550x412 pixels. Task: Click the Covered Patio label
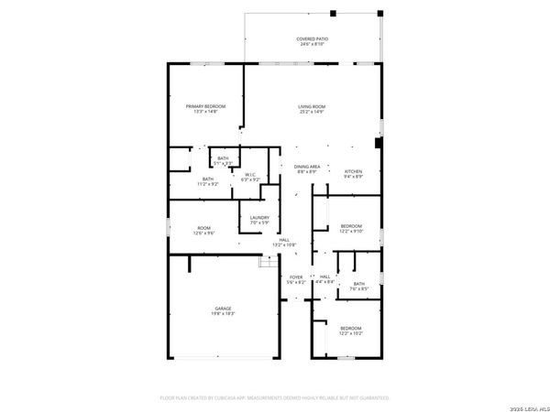312,39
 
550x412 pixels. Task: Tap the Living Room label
312,107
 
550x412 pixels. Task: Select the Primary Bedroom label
202,107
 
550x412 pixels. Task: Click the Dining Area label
306,167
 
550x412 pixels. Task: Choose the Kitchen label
353,172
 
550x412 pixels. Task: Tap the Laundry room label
259,217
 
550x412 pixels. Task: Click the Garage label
224,309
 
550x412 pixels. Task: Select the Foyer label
296,276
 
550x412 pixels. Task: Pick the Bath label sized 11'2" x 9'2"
208,179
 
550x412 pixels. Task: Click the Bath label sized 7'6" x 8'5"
358,284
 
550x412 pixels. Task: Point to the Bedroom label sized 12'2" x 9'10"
352,226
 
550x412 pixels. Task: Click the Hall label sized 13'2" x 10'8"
284,240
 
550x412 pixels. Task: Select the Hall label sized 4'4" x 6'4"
324,276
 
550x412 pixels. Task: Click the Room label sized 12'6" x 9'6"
203,228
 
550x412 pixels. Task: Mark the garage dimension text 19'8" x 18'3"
224,314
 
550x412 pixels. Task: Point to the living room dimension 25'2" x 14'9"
312,113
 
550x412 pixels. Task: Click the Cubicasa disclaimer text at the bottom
275,398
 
